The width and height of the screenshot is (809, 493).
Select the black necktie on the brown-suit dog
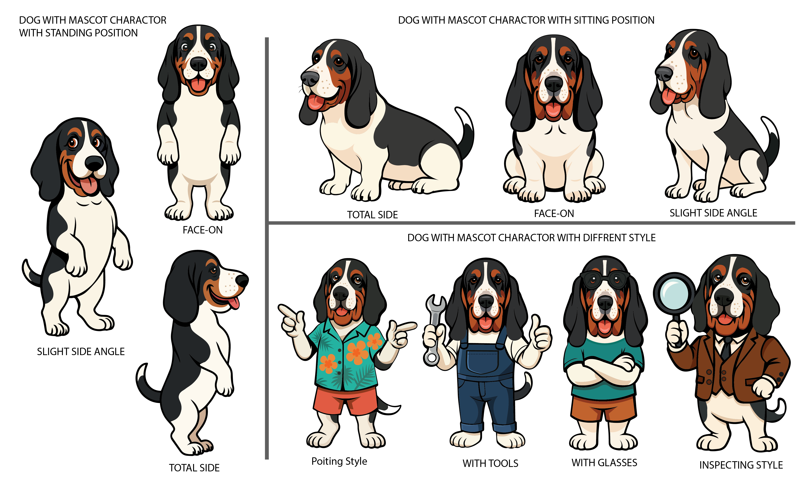pos(726,348)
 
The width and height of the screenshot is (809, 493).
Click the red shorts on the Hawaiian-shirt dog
pos(345,400)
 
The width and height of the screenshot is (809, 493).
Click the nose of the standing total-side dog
pos(242,281)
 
